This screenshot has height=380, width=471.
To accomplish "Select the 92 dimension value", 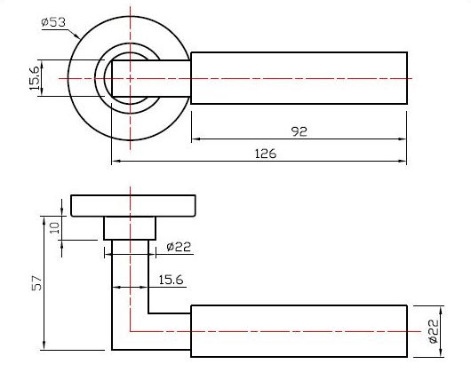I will [x=299, y=131].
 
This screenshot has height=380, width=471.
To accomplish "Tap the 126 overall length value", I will [x=265, y=154].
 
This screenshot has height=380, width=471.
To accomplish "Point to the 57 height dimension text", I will [x=36, y=282].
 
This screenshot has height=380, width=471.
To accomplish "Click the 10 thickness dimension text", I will [x=54, y=227].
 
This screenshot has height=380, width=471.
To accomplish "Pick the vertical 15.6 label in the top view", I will [x=35, y=78].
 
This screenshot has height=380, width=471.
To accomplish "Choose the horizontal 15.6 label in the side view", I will [x=171, y=280].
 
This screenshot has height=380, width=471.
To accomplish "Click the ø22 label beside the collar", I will [x=178, y=248].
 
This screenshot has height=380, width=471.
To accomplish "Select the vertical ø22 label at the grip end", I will [x=433, y=331].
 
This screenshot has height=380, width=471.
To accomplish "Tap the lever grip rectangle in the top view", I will [x=300, y=78].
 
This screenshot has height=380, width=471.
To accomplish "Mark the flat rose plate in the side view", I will [x=133, y=205].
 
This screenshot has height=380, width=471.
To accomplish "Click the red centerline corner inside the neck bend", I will [x=131, y=331].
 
